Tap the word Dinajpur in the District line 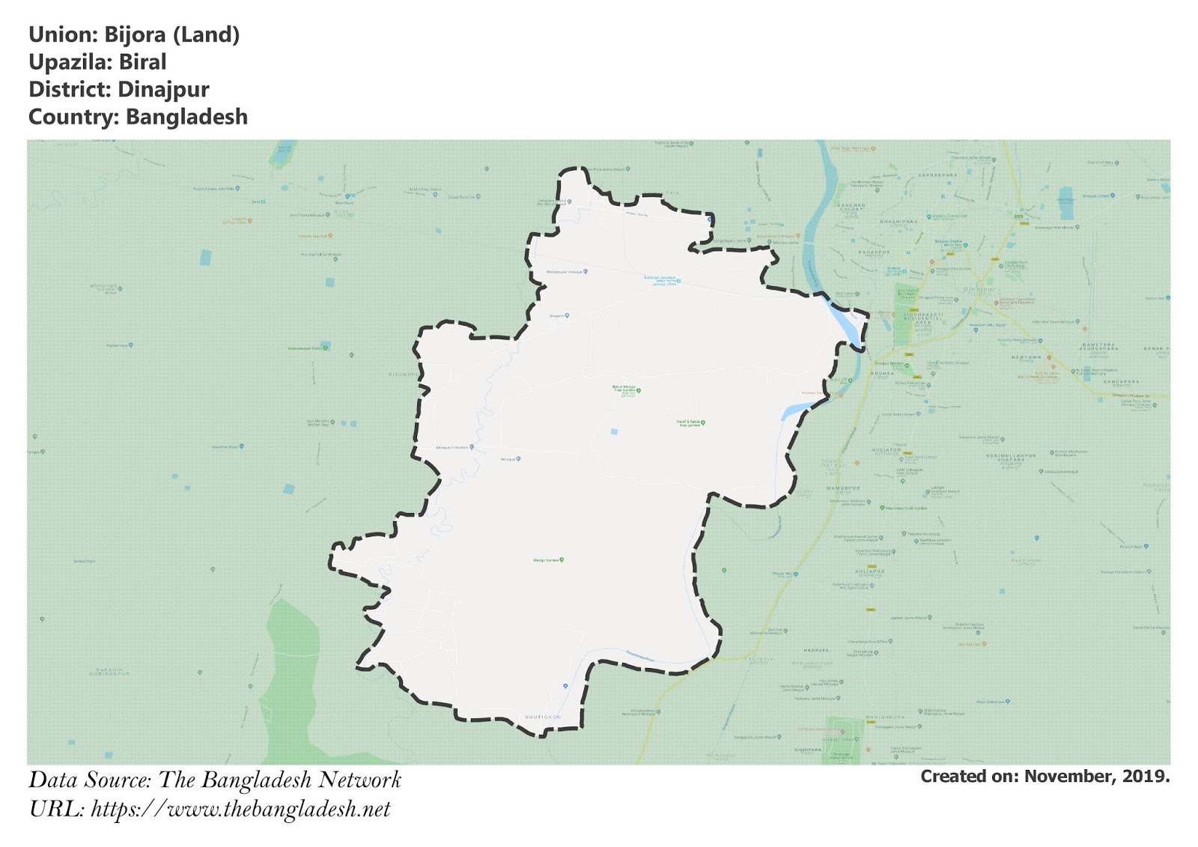(163, 90)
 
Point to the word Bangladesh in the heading (186, 118)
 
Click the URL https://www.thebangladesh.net (240, 810)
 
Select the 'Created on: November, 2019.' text (1045, 777)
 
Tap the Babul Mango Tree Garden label (625, 389)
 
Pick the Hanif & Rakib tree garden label (690, 423)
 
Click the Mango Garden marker (562, 559)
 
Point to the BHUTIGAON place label (542, 717)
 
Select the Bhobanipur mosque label (566, 272)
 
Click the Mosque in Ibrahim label (454, 448)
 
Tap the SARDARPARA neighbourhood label (937, 175)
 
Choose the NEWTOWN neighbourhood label (1027, 357)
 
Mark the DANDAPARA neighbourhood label (1121, 382)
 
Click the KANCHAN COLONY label (851, 207)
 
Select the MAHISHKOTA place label (884, 717)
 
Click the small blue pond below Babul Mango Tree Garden (614, 432)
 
